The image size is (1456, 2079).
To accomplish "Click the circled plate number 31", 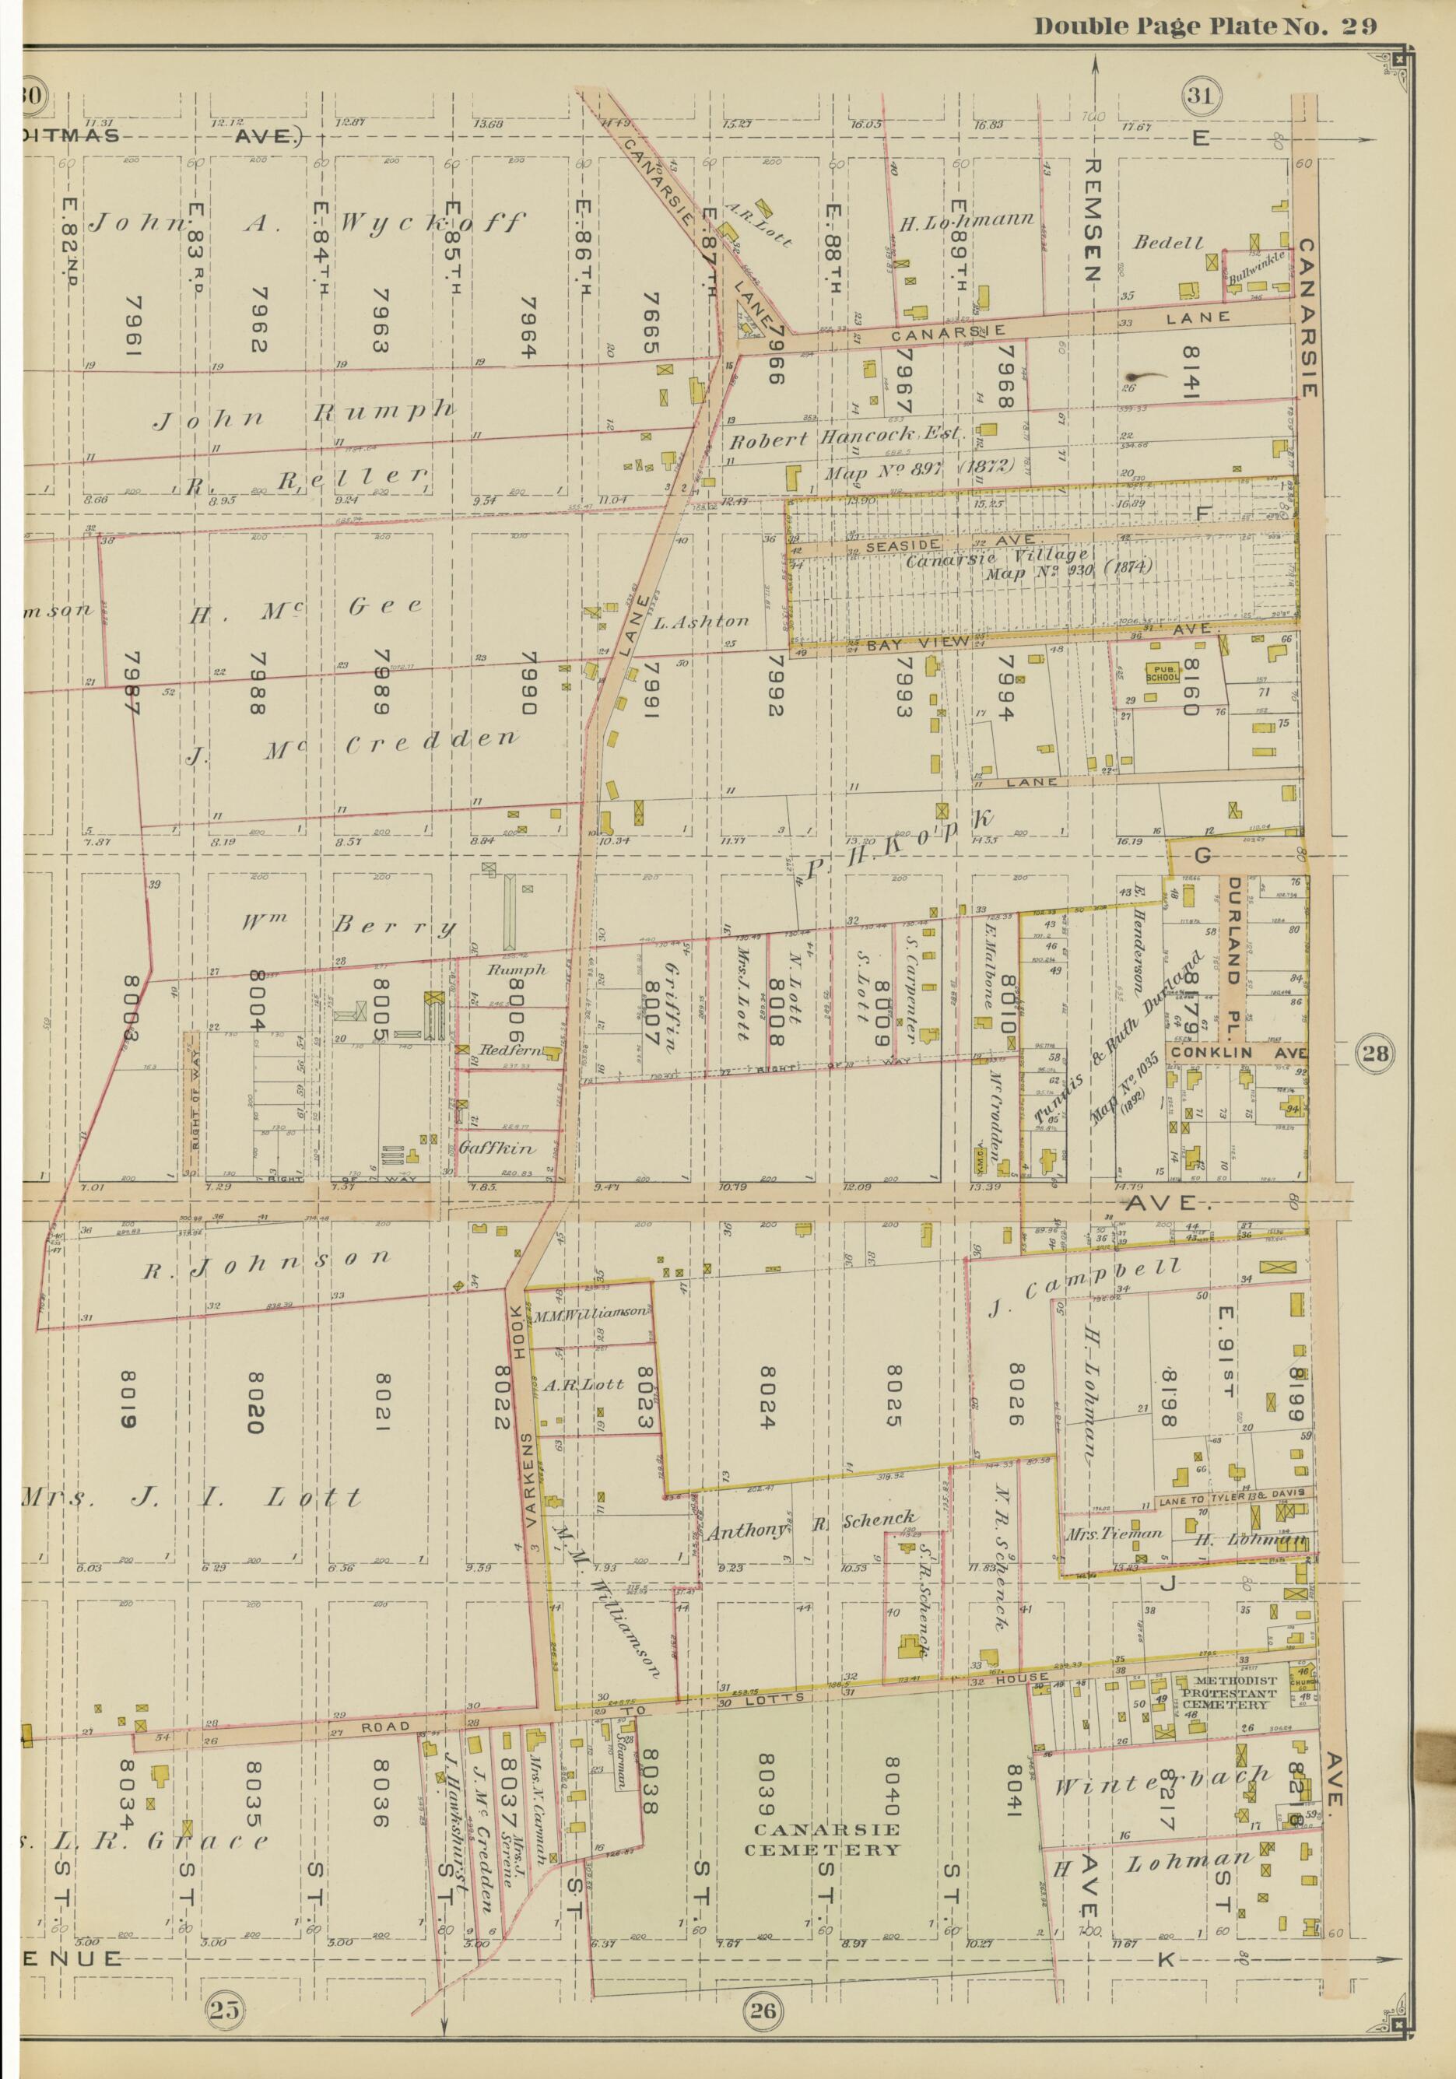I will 1202,96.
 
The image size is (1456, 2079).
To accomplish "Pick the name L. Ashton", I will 701,622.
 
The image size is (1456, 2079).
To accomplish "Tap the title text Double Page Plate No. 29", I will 1205,26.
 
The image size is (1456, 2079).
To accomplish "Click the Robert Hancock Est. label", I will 847,443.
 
